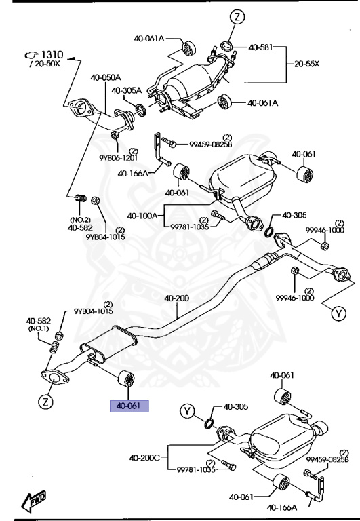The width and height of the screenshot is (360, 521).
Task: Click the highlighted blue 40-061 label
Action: click(x=129, y=406)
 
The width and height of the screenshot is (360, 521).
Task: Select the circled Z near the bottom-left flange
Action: click(x=45, y=402)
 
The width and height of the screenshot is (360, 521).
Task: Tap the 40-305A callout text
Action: click(x=126, y=90)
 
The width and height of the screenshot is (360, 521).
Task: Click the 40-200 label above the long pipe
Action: click(x=176, y=298)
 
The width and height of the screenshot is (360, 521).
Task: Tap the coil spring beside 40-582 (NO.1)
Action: click(x=54, y=353)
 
